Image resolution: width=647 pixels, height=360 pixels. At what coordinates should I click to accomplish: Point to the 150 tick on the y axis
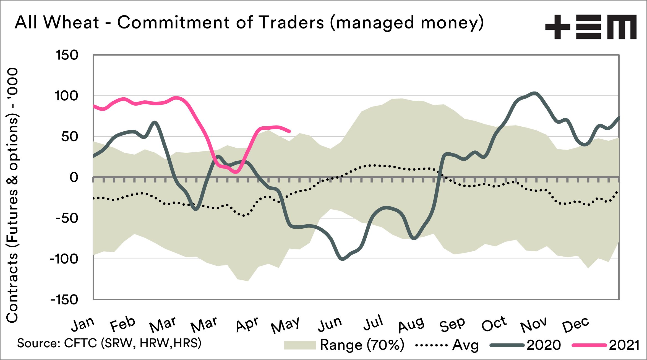(x=67, y=55)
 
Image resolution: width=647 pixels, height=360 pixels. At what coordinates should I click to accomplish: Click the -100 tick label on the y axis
(x=64, y=259)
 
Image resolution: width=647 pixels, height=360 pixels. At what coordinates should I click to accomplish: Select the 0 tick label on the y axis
(x=74, y=177)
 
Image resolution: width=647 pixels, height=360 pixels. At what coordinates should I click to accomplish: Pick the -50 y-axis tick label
(x=67, y=218)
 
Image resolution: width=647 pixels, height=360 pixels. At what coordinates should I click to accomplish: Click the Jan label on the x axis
(x=83, y=324)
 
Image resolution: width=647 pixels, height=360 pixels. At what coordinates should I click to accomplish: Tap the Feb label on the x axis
(x=122, y=324)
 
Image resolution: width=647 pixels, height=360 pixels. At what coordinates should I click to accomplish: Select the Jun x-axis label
(x=330, y=324)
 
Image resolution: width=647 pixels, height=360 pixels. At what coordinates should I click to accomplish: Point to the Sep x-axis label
(x=452, y=324)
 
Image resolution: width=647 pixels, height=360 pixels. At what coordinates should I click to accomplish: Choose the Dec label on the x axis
(x=575, y=324)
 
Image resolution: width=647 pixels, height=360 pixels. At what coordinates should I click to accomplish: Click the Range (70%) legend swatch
(x=300, y=345)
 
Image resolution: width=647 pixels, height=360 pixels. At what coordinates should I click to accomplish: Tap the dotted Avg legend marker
(x=431, y=345)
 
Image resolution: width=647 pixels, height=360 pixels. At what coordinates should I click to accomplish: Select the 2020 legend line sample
(x=507, y=345)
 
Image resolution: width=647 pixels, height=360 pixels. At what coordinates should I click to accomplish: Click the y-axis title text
(x=12, y=195)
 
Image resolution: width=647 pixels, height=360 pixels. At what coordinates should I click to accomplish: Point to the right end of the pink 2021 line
(x=289, y=131)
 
